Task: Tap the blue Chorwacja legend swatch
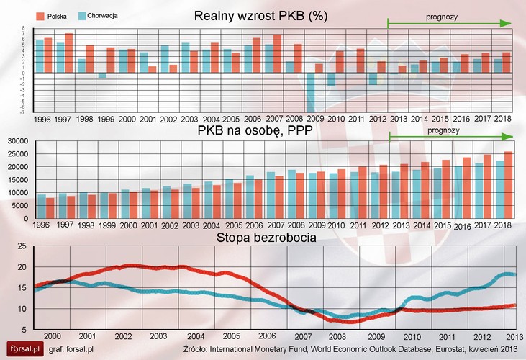[x=81, y=14]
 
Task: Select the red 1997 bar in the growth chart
[x=69, y=53]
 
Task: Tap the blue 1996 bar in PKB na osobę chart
[x=41, y=207]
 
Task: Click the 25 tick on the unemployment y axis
[x=21, y=247]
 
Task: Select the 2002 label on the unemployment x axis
[x=122, y=336]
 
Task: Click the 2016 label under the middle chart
[x=463, y=227]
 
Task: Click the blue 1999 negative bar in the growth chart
[x=102, y=75]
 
